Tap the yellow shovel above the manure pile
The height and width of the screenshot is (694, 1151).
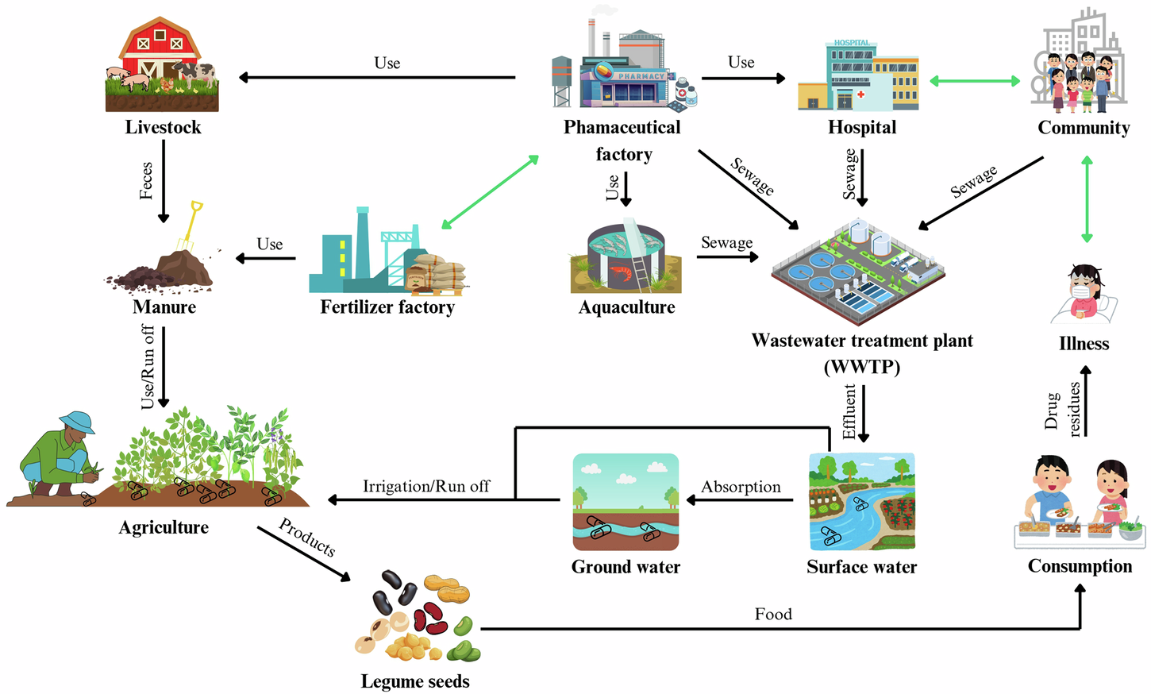pos(191,226)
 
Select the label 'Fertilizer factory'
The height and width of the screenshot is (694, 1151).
pos(387,307)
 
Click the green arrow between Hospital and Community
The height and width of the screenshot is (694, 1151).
pos(975,80)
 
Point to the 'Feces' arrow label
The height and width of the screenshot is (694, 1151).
pos(146,180)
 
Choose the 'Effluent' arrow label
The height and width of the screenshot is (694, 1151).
pos(849,411)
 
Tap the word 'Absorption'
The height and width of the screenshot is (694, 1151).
pos(741,487)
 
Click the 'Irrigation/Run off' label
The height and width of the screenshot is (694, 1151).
pos(426,486)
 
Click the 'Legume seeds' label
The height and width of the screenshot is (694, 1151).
pos(415,681)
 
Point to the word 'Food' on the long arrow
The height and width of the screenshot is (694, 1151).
pos(773,614)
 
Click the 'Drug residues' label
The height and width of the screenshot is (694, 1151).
pos(1063,410)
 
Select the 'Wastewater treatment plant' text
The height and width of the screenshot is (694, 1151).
pos(862,341)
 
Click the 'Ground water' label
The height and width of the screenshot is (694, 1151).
pos(626,567)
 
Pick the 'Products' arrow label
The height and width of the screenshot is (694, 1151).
pos(307,538)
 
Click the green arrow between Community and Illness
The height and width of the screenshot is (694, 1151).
pos(1087,199)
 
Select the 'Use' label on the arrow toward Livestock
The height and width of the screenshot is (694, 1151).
pos(387,64)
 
